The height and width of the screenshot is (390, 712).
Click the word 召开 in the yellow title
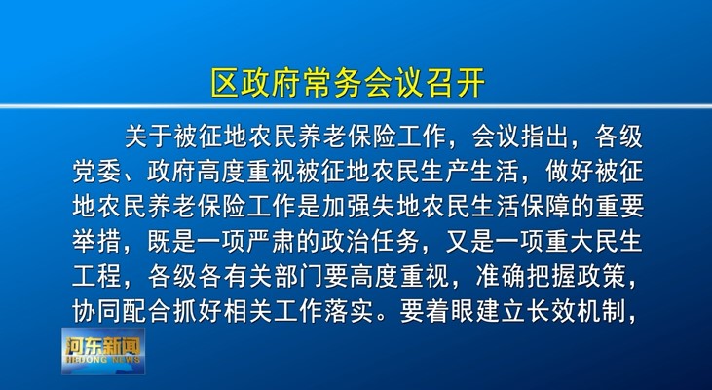[456, 83]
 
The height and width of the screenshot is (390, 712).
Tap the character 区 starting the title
[225, 83]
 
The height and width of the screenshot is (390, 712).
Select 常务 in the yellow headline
[333, 83]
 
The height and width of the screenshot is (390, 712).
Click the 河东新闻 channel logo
[103, 351]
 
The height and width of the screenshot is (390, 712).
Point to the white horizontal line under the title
[356, 106]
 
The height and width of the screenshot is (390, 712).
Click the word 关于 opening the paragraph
[148, 136]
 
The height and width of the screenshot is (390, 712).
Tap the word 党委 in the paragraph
[96, 172]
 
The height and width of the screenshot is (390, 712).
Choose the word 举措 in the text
[96, 242]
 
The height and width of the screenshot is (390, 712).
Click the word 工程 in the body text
[96, 276]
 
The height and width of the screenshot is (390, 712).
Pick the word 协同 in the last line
[96, 311]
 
